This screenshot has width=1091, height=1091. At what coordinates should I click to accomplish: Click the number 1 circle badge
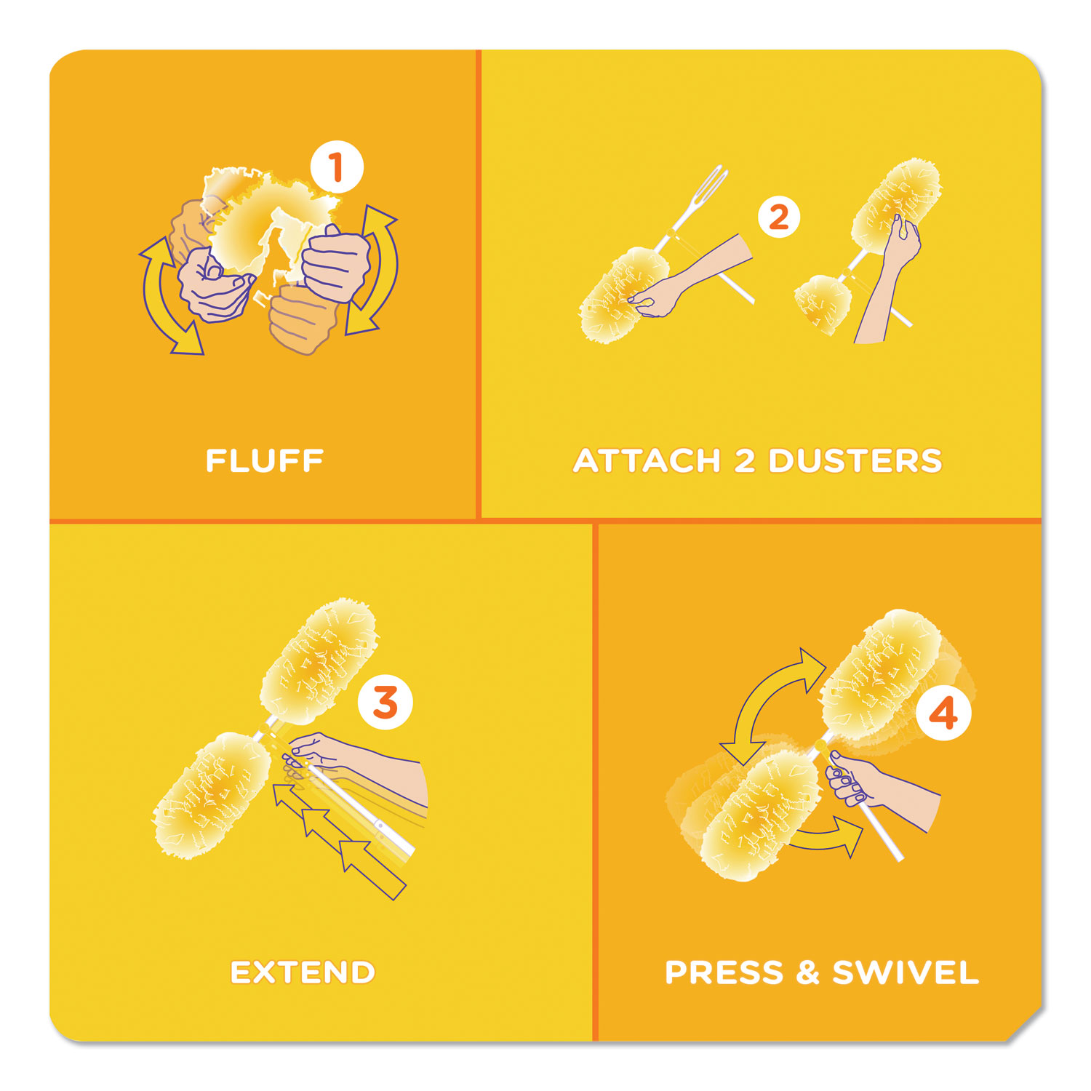336,168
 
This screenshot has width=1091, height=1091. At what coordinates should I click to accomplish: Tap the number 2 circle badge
778,217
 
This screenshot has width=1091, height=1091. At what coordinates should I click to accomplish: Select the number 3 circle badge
385,703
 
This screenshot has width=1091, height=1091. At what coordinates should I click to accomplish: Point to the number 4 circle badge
943,714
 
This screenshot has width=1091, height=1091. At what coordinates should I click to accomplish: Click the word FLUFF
265,461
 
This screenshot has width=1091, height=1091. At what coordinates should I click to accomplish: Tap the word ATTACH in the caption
647,461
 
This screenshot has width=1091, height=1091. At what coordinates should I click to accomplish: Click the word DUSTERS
855,461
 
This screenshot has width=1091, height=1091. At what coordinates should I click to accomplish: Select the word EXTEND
303,972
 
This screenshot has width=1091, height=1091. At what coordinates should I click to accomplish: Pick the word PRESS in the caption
724,972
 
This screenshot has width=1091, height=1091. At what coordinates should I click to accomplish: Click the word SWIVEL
906,972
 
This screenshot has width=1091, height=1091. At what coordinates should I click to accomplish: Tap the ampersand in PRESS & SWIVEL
807,972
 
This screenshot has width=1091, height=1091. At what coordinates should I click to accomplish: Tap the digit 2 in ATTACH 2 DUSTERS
745,461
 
